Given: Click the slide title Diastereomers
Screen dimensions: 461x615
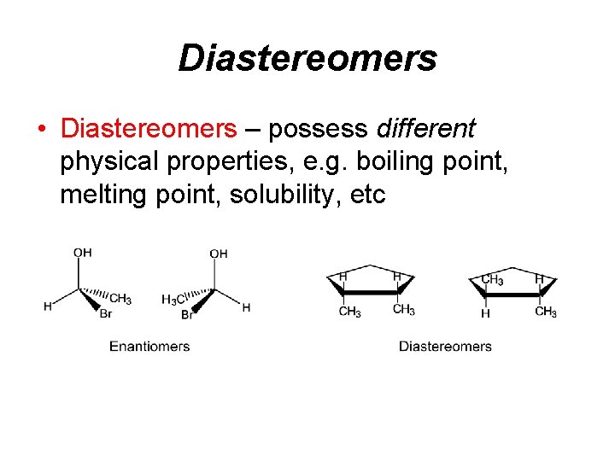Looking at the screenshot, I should coord(307,58).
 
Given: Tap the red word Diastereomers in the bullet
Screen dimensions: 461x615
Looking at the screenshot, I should coord(149,129).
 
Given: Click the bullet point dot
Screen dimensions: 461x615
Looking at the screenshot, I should coord(41,130).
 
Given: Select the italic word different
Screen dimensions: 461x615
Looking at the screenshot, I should coord(425,129).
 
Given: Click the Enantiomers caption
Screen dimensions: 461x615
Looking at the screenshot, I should coord(149,346).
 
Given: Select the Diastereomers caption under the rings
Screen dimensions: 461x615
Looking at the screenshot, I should coord(445,346).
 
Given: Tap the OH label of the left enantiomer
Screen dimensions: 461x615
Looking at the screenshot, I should coord(82,253).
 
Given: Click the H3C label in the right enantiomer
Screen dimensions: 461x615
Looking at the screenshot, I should coord(174,300).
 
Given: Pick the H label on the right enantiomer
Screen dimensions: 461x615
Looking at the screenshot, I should coord(246,307).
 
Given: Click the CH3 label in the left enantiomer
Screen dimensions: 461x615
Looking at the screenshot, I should coord(120,299).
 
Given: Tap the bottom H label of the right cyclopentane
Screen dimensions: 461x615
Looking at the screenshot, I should coord(485,313).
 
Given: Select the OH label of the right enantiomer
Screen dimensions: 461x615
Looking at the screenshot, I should coord(219,253).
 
